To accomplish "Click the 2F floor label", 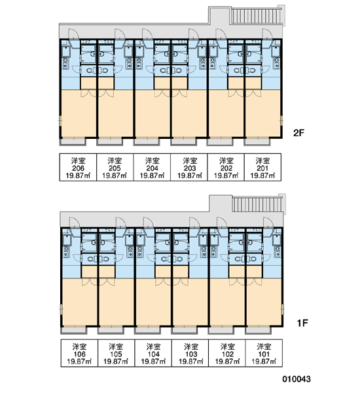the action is pyautogui.click(x=298, y=132).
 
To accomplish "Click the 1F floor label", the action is pyautogui.click(x=302, y=323).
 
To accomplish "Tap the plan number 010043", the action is pyautogui.click(x=297, y=379).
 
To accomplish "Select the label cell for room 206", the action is pyautogui.click(x=78, y=167).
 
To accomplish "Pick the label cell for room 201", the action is pyautogui.click(x=262, y=167).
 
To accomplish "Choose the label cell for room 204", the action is pyautogui.click(x=152, y=167).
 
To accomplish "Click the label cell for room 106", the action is pyautogui.click(x=79, y=353).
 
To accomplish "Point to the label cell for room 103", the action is pyautogui.click(x=190, y=353).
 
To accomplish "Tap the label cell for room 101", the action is pyautogui.click(x=264, y=353).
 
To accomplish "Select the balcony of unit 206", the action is pyautogui.click(x=73, y=141).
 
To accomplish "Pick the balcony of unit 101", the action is pyautogui.click(x=259, y=330).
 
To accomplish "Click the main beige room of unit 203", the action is pyautogui.click(x=189, y=113).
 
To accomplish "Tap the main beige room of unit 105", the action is pyautogui.click(x=116, y=302).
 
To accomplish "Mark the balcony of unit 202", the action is pyautogui.click(x=220, y=141).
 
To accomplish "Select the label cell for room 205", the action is pyautogui.click(x=115, y=167).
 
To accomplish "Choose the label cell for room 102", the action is pyautogui.click(x=227, y=353).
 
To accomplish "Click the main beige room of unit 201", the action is pyautogui.click(x=263, y=113).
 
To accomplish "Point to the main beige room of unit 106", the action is pyautogui.click(x=79, y=302).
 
